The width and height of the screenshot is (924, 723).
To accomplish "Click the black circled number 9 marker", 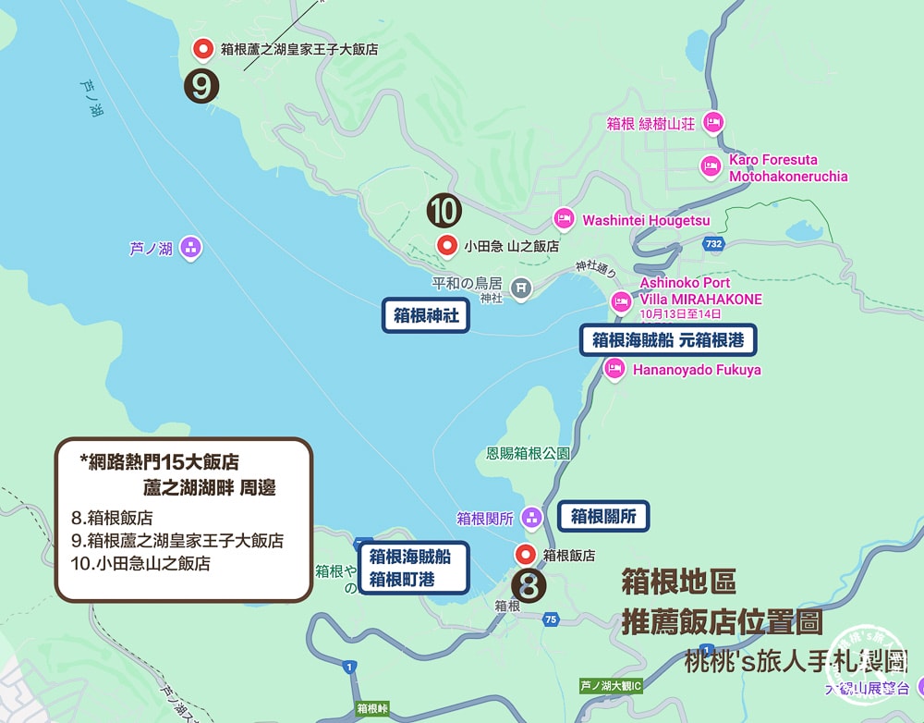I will [202, 86].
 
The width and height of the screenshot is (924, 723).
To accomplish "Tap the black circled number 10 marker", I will [444, 211].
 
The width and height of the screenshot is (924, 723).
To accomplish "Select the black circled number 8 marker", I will [529, 584].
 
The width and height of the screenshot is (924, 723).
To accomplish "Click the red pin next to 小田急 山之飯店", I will [448, 246].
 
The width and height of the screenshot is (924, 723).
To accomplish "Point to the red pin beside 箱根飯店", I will [526, 555].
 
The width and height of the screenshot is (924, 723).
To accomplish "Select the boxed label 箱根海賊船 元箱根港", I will [668, 339].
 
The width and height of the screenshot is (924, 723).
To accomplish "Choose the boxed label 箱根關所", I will [603, 516].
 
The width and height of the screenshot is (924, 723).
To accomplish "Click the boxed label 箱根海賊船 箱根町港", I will [413, 569].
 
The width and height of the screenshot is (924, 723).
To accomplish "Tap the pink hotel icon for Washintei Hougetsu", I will [564, 220].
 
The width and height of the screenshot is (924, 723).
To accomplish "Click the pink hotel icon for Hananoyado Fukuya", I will [614, 370].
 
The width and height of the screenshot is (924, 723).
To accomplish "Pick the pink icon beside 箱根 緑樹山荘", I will [712, 122].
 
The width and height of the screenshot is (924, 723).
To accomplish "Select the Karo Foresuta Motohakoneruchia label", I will [787, 168].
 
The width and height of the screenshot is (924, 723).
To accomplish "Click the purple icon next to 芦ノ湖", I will [190, 247].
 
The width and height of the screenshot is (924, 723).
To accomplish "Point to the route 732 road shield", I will [712, 243].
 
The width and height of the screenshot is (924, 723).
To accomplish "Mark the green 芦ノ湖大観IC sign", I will [610, 686].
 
